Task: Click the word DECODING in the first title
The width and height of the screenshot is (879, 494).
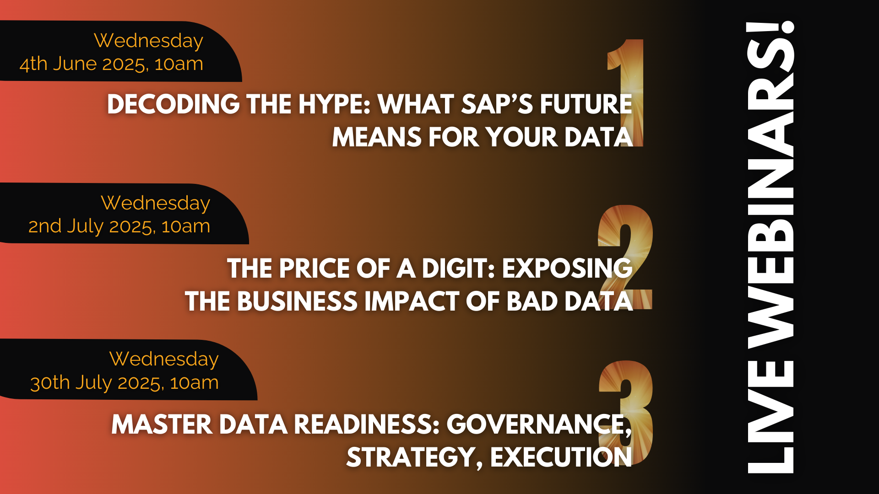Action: point(174,104)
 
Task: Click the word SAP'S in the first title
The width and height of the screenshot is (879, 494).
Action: point(497,104)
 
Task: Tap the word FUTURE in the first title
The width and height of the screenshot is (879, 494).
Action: point(586,104)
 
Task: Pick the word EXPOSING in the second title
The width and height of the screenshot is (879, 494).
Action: point(567,268)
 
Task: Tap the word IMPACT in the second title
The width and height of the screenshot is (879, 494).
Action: point(412,301)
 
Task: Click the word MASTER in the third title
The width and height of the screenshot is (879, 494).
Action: point(162,424)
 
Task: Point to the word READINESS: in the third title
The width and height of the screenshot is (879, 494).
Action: point(367,424)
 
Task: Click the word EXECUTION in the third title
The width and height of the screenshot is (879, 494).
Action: point(561,457)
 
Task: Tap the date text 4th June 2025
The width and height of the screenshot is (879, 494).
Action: point(83,64)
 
